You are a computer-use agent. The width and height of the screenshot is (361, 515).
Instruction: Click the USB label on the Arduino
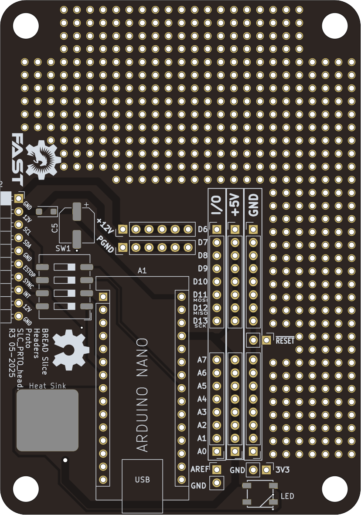point(143,480)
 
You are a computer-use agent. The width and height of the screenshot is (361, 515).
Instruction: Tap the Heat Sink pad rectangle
point(48,420)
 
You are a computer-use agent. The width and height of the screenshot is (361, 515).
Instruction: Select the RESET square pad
point(266,340)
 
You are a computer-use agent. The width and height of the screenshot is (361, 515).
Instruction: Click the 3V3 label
point(283,470)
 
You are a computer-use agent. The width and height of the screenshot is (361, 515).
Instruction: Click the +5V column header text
point(235,205)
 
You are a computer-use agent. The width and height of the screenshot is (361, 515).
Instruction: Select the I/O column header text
point(217,205)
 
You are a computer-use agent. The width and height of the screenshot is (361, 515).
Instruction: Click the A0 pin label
point(202,451)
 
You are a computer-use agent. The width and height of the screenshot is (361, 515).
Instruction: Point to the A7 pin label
point(202,360)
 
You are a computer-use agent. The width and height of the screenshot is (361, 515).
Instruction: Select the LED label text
point(287,496)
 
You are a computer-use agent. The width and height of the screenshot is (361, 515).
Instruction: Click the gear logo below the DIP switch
point(70,350)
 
